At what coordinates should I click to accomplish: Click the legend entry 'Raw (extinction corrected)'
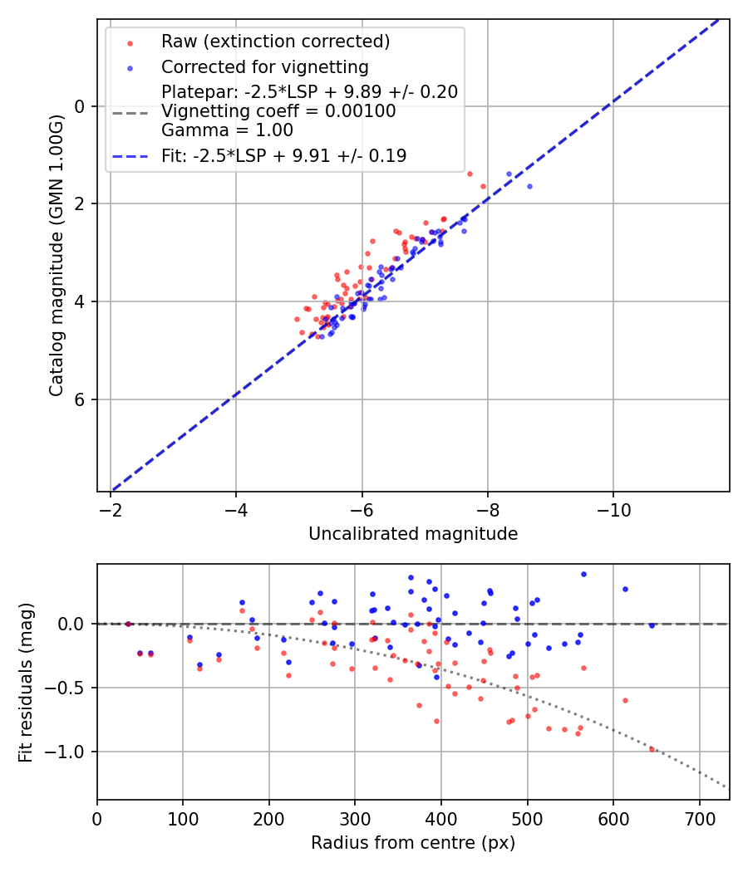click(x=275, y=42)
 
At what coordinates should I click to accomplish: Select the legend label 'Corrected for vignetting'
click(x=264, y=66)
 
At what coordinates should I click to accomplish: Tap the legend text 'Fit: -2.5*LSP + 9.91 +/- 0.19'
click(x=283, y=155)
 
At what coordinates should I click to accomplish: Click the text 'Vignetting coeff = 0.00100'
click(x=278, y=111)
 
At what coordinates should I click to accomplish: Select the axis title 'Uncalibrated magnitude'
click(x=413, y=534)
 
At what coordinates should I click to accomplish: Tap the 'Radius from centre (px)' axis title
click(x=413, y=843)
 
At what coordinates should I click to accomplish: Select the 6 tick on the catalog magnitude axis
click(x=81, y=399)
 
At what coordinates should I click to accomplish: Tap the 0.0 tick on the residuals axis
click(x=75, y=624)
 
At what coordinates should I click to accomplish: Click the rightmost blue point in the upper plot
click(x=529, y=186)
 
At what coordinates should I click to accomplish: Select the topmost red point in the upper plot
click(x=470, y=174)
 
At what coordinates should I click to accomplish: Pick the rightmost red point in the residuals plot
click(x=652, y=749)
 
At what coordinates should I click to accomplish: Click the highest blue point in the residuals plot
click(x=583, y=574)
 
